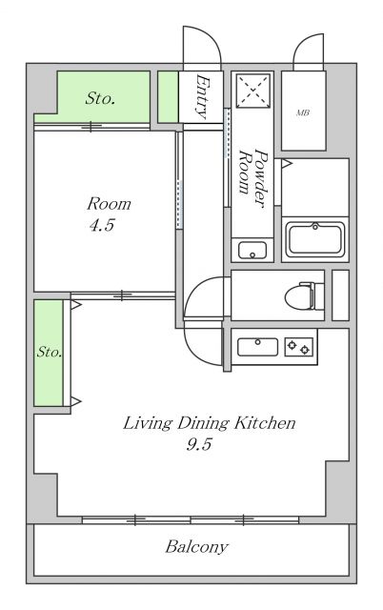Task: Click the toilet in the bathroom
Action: (x=304, y=295)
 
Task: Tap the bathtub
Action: (x=315, y=239)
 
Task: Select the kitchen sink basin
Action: (x=257, y=347)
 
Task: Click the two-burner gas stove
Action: (x=299, y=347)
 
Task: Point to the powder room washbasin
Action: (x=252, y=250)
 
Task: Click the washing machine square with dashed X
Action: (x=253, y=91)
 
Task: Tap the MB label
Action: (x=303, y=112)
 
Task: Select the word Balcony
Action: (x=196, y=547)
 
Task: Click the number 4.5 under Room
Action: (x=102, y=225)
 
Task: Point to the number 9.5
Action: (x=199, y=444)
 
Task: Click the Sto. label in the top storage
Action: (x=100, y=98)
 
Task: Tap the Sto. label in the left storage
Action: (x=50, y=352)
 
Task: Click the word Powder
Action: (x=261, y=178)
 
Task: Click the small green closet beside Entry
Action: (x=168, y=96)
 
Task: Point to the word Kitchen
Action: (x=265, y=423)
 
